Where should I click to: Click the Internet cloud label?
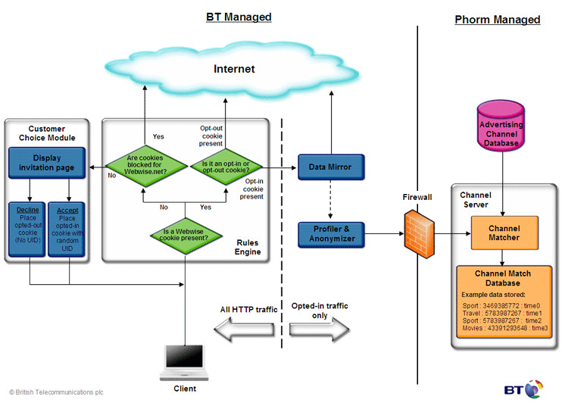pos(234,69)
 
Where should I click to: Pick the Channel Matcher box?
pos(504,233)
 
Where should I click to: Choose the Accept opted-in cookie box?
pos(67,228)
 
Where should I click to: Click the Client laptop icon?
pos(185,361)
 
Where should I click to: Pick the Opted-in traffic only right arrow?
pos(319,329)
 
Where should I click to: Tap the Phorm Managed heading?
pos(497,20)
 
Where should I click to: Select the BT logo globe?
pos(534,389)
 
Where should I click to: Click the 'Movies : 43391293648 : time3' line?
pos(504,328)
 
